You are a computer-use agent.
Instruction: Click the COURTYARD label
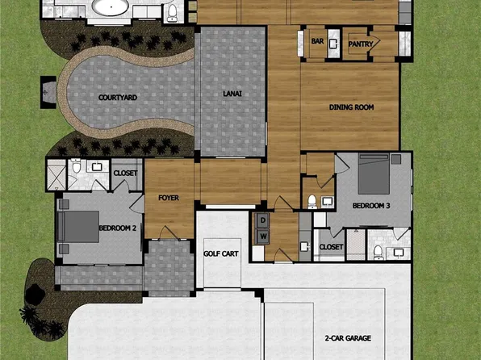coord(118,97)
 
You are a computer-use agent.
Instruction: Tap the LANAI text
coord(232,94)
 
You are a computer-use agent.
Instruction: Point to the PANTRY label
coord(360,44)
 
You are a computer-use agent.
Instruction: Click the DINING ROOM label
coord(350,107)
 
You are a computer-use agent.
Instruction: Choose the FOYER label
coord(168,198)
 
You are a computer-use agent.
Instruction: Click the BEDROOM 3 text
coord(371,206)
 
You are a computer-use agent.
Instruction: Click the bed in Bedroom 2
coord(77,226)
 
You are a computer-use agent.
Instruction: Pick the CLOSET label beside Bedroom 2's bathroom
coord(126,173)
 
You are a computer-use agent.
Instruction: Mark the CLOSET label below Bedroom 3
coord(331,246)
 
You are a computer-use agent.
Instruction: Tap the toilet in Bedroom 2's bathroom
coord(75,166)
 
